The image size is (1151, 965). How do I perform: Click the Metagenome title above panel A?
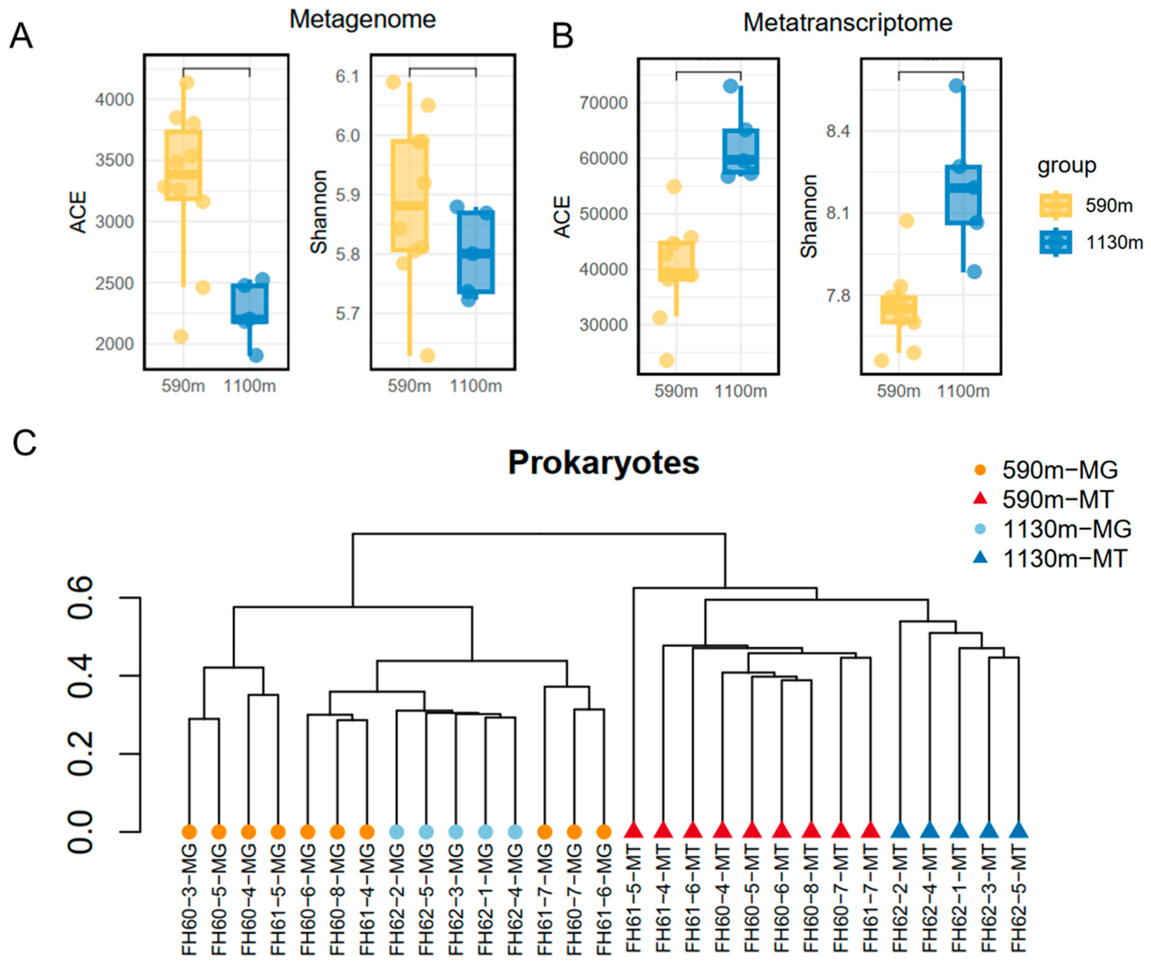click(362, 20)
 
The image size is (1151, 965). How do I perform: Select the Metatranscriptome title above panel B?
click(847, 23)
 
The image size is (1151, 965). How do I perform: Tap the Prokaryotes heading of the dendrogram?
click(603, 463)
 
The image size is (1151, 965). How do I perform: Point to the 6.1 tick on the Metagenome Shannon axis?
click(347, 76)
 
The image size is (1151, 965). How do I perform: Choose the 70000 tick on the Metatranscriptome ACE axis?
click(603, 103)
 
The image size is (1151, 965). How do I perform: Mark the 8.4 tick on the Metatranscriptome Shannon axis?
click(838, 132)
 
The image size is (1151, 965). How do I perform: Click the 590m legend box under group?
click(1055, 205)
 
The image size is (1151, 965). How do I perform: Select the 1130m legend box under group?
click(1055, 242)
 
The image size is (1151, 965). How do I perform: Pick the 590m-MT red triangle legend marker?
click(980, 499)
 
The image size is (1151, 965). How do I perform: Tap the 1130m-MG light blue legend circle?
click(980, 529)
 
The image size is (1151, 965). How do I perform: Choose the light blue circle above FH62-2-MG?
click(396, 832)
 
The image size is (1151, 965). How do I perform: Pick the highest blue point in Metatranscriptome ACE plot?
click(730, 86)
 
